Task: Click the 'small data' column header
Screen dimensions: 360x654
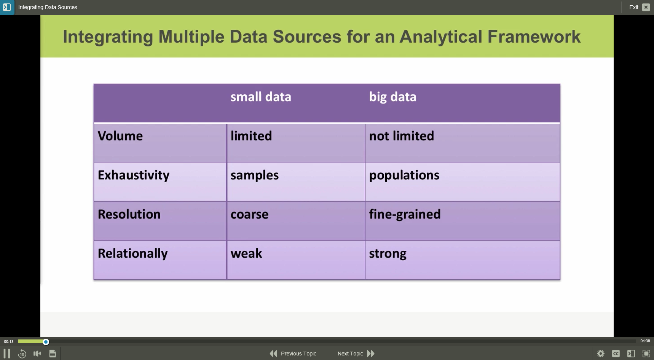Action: pyautogui.click(x=261, y=97)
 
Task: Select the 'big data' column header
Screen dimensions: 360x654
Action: pyautogui.click(x=392, y=97)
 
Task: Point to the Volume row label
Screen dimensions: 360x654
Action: pyautogui.click(x=120, y=136)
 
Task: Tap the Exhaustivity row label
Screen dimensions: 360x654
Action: pyautogui.click(x=134, y=175)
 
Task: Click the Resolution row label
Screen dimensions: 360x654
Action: pyautogui.click(x=129, y=214)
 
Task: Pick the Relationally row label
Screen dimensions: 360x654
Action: pyautogui.click(x=132, y=253)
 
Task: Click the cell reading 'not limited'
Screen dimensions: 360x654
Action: pyautogui.click(x=401, y=136)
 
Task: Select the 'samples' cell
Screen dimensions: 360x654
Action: pyautogui.click(x=254, y=175)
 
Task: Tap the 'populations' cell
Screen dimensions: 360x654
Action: pyautogui.click(x=404, y=175)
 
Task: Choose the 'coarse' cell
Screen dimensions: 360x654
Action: pyautogui.click(x=249, y=214)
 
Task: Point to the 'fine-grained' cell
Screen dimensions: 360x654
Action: pyautogui.click(x=405, y=214)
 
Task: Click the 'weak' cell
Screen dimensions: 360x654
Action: pyautogui.click(x=246, y=253)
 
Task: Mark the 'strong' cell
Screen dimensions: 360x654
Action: pyautogui.click(x=388, y=253)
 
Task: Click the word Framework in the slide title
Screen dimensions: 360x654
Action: pyautogui.click(x=534, y=37)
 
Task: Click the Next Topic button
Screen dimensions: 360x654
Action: pyautogui.click(x=356, y=354)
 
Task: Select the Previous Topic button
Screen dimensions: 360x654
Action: pyautogui.click(x=293, y=354)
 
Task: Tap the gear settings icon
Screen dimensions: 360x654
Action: pyautogui.click(x=601, y=354)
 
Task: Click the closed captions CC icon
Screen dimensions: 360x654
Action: pyautogui.click(x=616, y=354)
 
